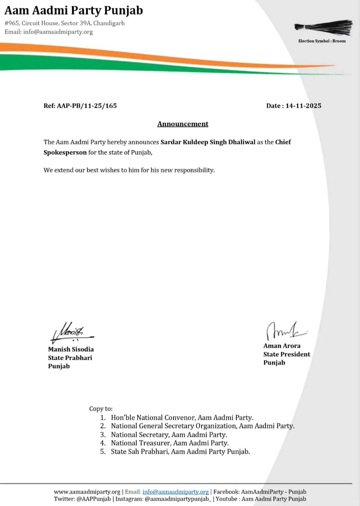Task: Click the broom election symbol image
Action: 324,27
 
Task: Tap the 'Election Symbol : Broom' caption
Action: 322,41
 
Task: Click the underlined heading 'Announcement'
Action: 183,124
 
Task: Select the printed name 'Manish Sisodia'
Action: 71,349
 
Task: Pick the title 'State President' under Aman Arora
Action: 286,354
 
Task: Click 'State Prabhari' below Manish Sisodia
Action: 70,358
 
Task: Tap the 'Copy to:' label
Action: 101,409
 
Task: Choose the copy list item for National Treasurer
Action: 170,443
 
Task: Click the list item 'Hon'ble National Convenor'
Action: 182,417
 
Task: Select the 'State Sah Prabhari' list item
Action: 180,451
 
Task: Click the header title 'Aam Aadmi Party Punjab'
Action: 74,10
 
